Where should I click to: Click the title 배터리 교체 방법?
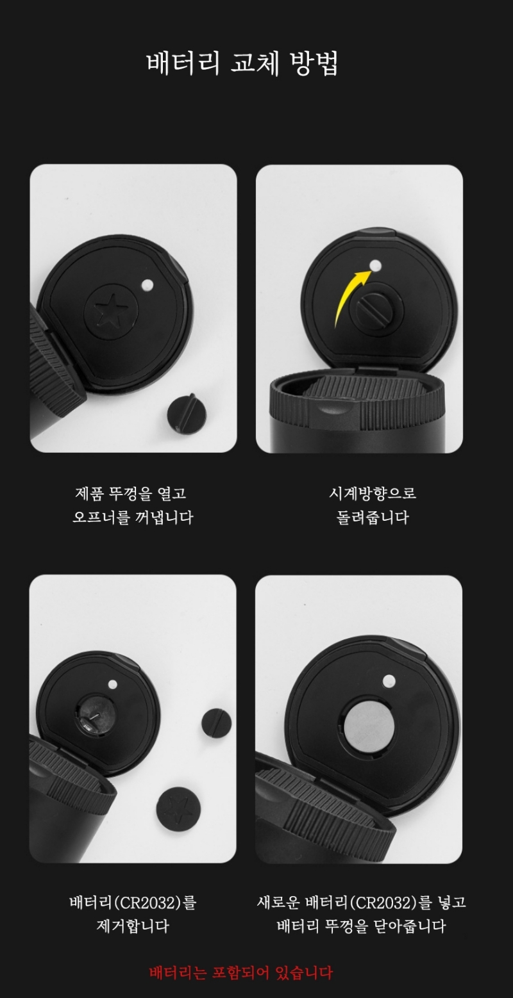[x=242, y=63]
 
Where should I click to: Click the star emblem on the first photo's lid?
[x=110, y=309]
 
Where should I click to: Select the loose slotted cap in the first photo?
[x=187, y=413]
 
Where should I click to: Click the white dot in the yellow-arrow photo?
[x=376, y=266]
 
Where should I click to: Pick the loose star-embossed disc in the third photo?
[x=178, y=808]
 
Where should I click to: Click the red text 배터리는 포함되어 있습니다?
[x=241, y=973]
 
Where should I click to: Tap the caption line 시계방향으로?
[x=373, y=493]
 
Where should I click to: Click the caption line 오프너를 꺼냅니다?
[x=133, y=518]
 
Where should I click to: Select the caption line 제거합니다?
[x=133, y=927]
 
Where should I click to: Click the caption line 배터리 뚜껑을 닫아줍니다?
[x=361, y=927]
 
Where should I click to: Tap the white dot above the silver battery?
[x=389, y=680]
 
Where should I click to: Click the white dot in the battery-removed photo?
[x=113, y=684]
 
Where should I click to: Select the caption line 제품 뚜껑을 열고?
[x=130, y=493]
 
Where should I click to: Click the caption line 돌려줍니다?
[x=373, y=518]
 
